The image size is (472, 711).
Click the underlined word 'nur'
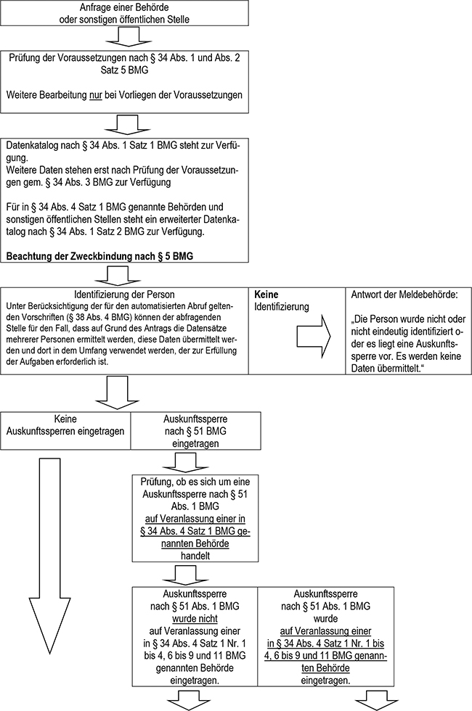point(94,95)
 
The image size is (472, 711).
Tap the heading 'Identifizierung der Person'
point(126,296)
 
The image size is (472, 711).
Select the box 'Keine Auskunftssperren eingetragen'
point(65,425)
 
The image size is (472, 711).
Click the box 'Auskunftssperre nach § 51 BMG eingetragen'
point(194,430)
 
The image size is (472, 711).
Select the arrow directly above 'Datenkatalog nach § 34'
point(126,125)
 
